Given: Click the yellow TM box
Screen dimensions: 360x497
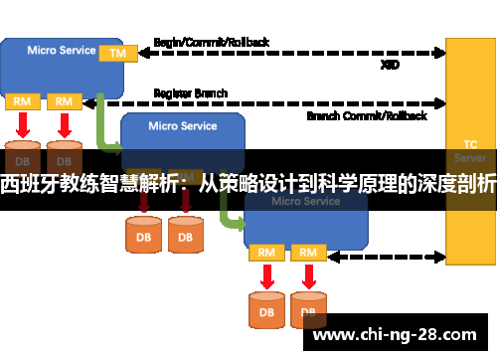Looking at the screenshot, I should click(117, 52).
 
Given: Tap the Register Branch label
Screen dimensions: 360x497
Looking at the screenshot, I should click(190, 92).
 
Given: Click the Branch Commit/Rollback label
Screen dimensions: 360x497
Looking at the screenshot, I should click(367, 115).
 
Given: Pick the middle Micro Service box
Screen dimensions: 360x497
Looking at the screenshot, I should click(183, 134).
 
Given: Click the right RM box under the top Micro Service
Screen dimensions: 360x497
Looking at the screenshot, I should click(64, 101).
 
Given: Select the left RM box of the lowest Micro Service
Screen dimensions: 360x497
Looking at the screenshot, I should click(265, 253).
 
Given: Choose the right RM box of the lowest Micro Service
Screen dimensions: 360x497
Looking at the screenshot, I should click(308, 253).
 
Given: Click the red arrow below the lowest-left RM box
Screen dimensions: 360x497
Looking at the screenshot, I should click(265, 274).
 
